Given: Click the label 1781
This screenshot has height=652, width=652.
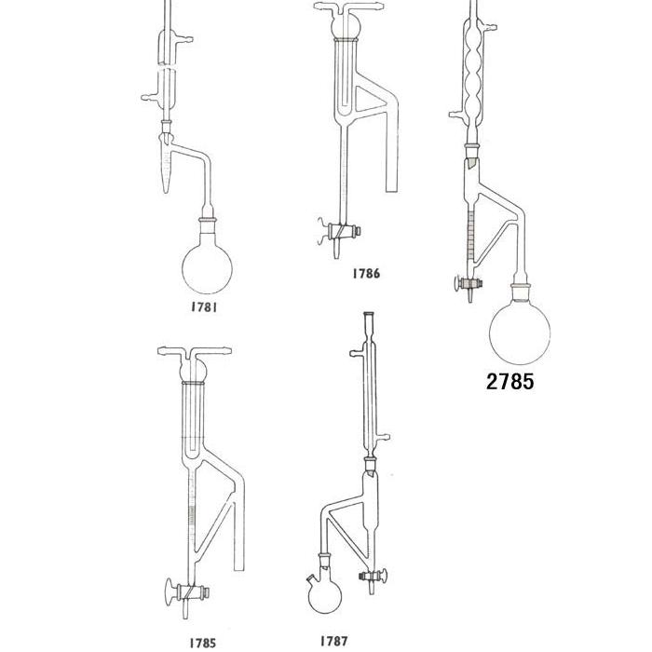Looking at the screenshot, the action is (204, 307).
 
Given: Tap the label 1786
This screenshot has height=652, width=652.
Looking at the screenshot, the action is (366, 273).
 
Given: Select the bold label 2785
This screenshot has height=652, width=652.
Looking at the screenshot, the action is (509, 381).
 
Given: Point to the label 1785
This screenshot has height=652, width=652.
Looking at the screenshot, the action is (202, 643).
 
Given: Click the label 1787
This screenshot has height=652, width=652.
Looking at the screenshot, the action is (333, 641).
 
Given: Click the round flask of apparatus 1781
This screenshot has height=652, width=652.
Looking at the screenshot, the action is (207, 268).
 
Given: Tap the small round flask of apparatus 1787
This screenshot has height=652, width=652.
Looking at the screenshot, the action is (325, 596).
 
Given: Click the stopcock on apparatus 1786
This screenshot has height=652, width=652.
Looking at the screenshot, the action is (339, 231).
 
